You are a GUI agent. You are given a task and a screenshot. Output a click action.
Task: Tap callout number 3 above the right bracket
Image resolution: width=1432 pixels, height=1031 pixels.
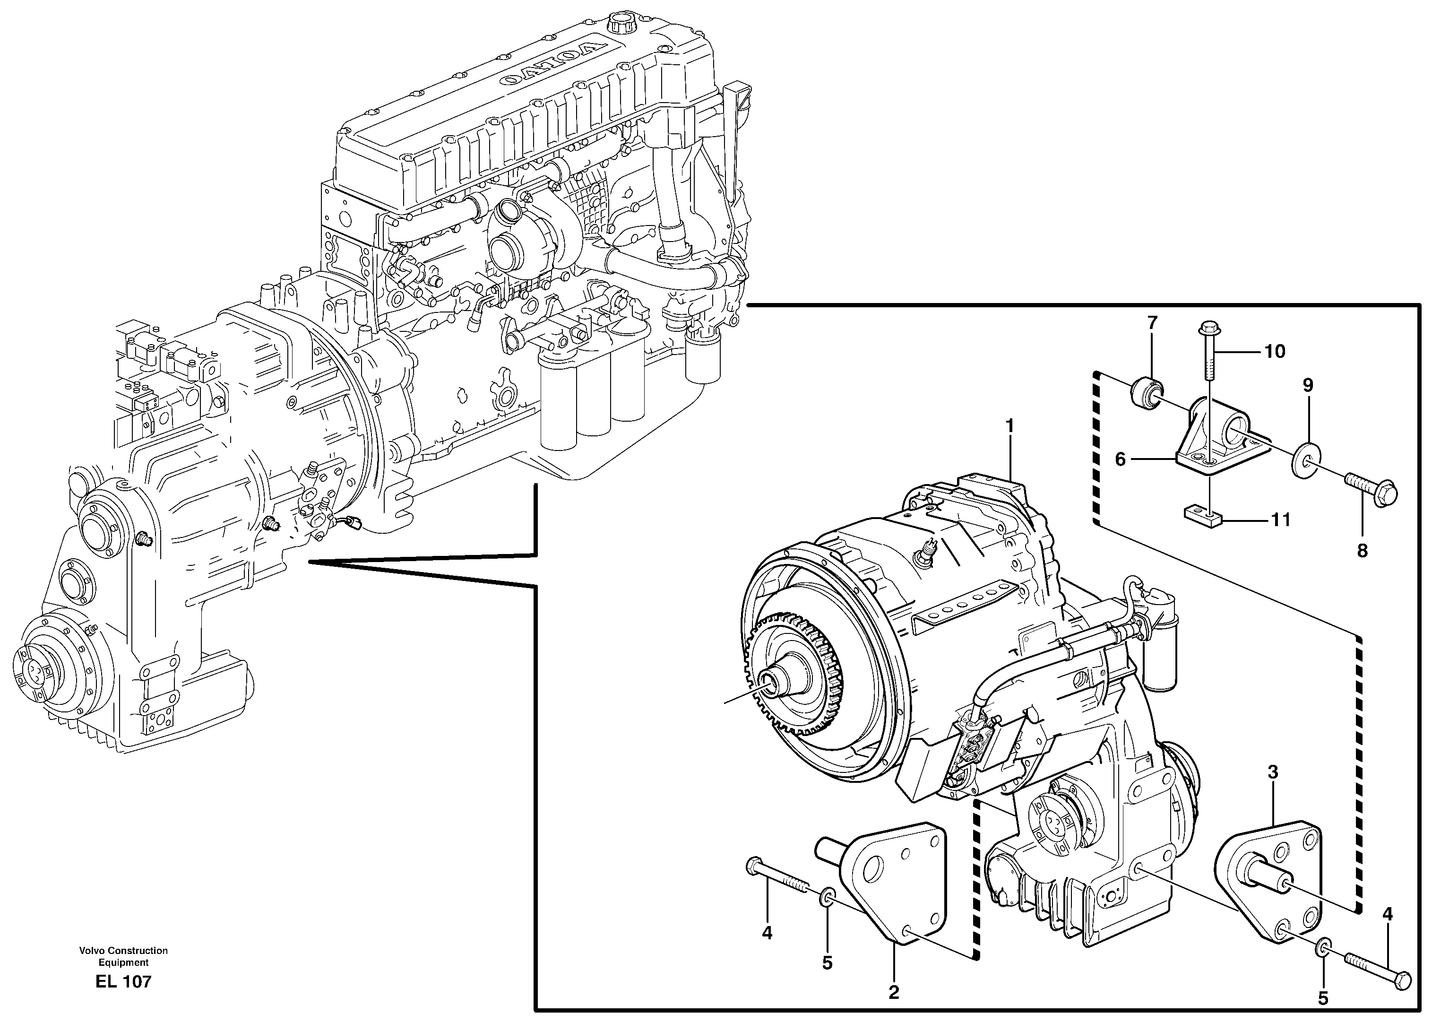pyautogui.click(x=1272, y=771)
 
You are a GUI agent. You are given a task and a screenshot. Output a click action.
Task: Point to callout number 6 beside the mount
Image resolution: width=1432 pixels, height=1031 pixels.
pyautogui.click(x=1121, y=459)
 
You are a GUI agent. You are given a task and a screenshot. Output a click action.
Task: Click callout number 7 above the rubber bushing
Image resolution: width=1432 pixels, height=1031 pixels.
pyautogui.click(x=1152, y=323)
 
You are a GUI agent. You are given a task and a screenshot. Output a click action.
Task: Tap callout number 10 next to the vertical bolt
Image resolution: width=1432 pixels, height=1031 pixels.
pyautogui.click(x=1275, y=352)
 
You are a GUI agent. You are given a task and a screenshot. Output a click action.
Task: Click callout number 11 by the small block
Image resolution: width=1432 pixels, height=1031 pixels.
pyautogui.click(x=1280, y=520)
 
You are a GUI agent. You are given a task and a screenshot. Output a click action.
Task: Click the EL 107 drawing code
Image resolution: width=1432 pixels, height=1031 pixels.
pyautogui.click(x=123, y=982)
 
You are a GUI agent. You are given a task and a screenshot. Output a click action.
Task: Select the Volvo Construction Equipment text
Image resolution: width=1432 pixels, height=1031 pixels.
pyautogui.click(x=123, y=956)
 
